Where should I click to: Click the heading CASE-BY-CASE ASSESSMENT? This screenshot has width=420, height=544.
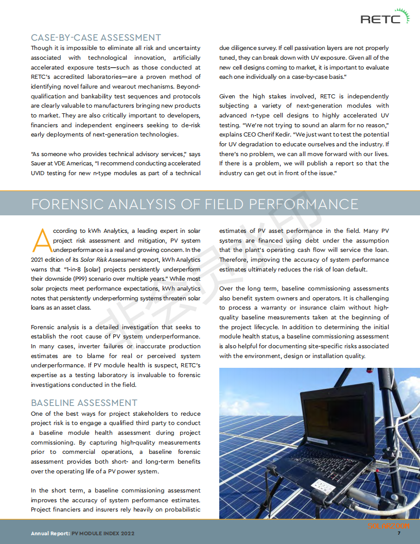[96, 38]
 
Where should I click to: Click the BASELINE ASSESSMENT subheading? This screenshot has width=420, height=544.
[84, 403]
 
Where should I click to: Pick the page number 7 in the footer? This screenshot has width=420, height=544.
[398, 534]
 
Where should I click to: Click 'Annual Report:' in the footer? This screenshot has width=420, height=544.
[50, 534]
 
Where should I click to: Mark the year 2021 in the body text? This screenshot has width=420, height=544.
[39, 260]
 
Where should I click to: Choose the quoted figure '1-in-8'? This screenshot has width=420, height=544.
[71, 269]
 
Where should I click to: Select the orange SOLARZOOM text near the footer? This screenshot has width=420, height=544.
[389, 526]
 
